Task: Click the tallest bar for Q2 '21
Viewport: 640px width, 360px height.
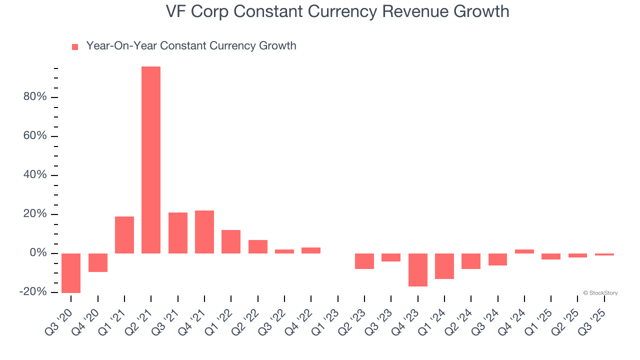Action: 151,160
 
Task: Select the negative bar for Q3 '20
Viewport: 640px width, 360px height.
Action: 71,273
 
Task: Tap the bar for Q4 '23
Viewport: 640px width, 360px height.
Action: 418,270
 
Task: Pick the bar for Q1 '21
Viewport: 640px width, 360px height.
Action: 124,235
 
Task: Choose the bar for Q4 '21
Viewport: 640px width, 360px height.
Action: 204,232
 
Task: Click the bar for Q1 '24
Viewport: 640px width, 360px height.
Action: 444,266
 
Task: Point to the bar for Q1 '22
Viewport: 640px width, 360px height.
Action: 231,241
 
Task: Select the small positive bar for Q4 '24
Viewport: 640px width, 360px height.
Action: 524,251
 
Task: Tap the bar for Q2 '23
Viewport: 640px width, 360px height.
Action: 364,261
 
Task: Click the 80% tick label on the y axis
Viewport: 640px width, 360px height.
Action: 35,97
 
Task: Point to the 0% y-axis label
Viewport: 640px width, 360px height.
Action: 38,253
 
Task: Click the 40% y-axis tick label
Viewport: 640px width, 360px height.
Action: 35,175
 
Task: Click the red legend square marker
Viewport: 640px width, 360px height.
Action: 75,47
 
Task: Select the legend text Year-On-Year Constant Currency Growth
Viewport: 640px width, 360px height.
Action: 191,46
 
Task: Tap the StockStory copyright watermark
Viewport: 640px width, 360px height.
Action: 600,293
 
